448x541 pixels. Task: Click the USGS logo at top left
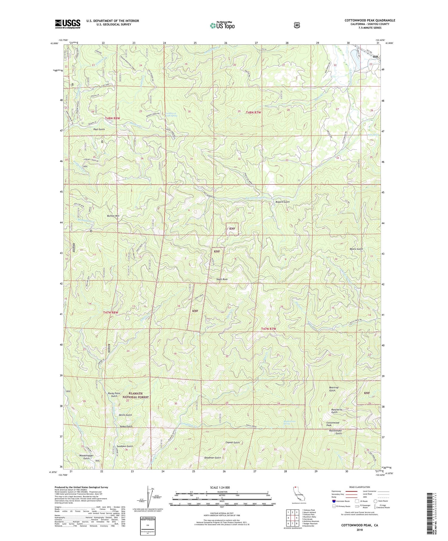(67, 24)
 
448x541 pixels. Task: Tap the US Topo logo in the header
(222, 25)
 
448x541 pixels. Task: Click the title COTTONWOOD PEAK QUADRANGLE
(370, 20)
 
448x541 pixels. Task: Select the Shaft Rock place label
(222, 279)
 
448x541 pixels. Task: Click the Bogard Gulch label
(282, 202)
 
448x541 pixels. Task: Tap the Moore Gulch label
(356, 249)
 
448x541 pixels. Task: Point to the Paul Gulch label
(99, 129)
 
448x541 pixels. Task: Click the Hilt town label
(375, 57)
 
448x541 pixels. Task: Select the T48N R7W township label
(253, 112)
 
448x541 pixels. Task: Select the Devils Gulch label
(125, 415)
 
